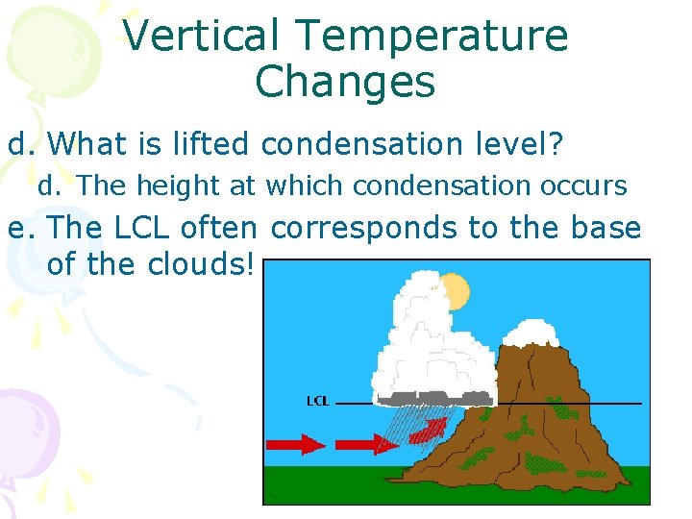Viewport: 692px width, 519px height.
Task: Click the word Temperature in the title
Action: (x=432, y=37)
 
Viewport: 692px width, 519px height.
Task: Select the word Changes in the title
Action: (x=345, y=83)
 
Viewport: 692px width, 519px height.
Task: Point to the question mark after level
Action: (x=556, y=145)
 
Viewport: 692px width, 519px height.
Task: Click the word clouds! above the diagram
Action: (x=201, y=264)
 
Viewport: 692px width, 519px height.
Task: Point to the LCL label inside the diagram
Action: (x=317, y=401)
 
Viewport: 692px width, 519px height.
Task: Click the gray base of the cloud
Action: (x=437, y=396)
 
